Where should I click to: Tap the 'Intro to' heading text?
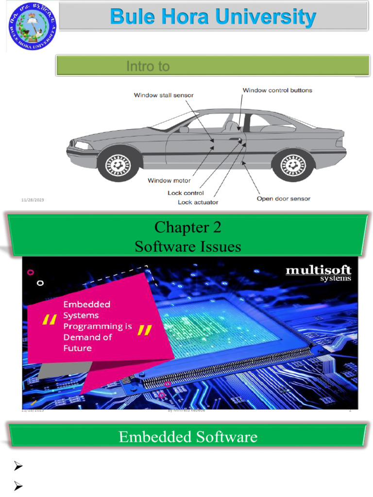click(148, 66)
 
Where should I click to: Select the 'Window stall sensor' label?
click(164, 95)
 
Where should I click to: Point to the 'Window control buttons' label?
click(277, 90)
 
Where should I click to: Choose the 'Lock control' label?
click(186, 193)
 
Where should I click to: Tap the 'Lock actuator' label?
click(198, 202)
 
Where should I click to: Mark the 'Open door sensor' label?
click(283, 199)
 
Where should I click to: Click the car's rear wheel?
click(291, 165)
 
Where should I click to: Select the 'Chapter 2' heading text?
click(188, 227)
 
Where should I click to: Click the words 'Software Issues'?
click(188, 247)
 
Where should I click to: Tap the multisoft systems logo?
click(318, 273)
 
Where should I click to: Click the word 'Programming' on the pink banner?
click(98, 326)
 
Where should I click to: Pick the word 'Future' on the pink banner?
click(77, 348)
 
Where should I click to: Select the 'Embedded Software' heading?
click(188, 437)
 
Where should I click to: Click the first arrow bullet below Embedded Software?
click(18, 467)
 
